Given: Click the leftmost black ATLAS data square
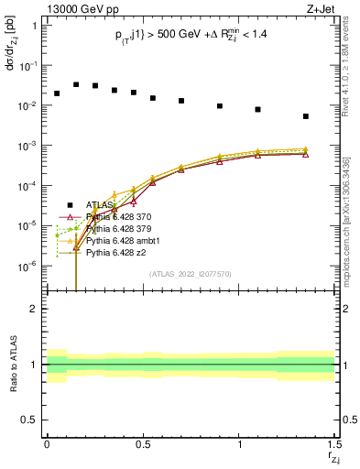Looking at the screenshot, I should [x=57, y=93].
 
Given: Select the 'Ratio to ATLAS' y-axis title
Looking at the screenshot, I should [x=13, y=365].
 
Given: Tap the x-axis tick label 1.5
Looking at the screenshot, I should [x=333, y=442].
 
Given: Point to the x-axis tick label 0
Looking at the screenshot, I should [x=47, y=442].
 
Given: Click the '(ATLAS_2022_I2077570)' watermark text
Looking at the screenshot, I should [x=190, y=274].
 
